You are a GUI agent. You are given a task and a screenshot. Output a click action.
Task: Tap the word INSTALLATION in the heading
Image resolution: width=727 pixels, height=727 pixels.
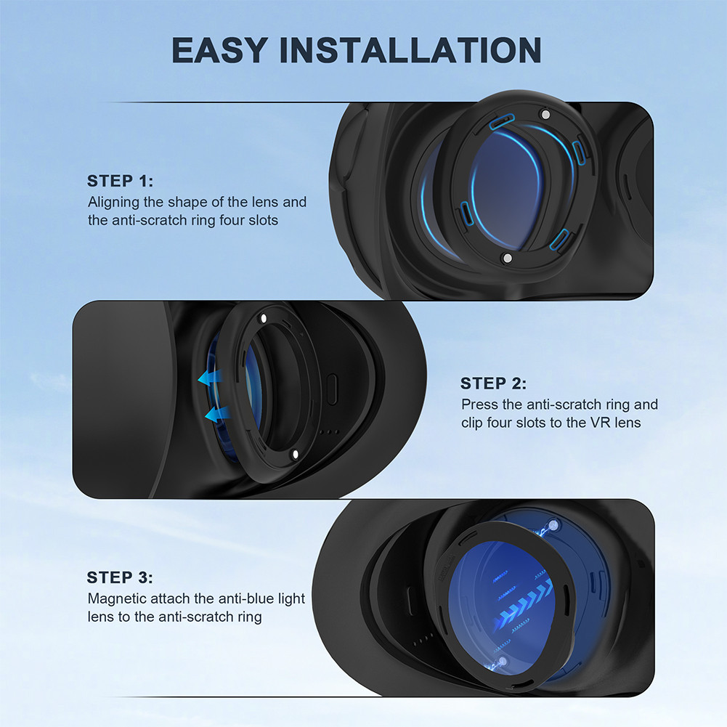click(411, 50)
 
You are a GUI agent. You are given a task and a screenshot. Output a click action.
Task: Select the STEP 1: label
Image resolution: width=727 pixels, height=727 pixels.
click(121, 181)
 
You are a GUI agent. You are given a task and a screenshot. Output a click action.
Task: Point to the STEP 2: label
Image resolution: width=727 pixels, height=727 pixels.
click(494, 383)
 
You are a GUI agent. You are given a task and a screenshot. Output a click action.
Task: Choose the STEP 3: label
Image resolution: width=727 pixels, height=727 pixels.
click(120, 578)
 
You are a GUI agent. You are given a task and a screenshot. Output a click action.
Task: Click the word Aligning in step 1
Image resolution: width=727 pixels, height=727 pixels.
click(115, 202)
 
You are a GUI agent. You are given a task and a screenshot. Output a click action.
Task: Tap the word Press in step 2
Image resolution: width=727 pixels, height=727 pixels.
click(479, 405)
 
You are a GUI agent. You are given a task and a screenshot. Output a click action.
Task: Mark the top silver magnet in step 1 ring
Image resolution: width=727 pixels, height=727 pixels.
click(545, 115)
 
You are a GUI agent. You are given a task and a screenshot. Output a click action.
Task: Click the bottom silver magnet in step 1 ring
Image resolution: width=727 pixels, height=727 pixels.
click(507, 259)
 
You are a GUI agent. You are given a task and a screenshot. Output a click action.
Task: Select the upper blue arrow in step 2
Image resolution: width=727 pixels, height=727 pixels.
click(211, 378)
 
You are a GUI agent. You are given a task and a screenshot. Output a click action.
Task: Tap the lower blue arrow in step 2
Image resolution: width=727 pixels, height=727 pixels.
click(215, 415)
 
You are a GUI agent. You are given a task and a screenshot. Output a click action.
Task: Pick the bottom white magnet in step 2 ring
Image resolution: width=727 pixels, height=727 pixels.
click(293, 454)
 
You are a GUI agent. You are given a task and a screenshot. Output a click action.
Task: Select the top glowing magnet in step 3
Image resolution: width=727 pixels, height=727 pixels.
click(555, 524)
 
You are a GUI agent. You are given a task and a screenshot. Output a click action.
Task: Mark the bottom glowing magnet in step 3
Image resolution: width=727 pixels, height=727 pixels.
click(502, 661)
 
